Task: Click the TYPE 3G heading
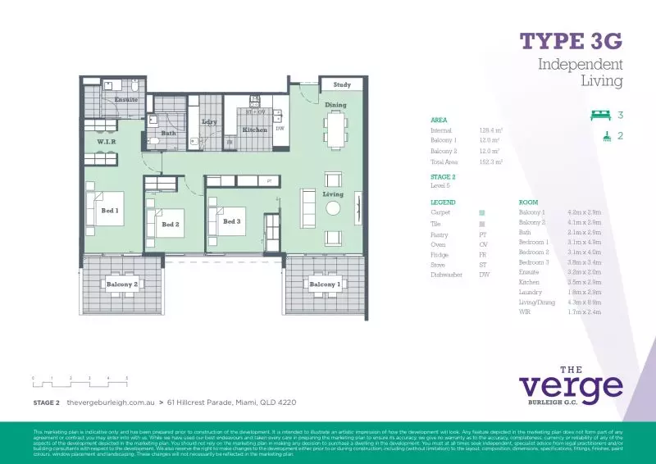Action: tap(572, 41)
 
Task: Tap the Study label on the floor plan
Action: tap(341, 84)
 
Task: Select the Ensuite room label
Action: tap(126, 100)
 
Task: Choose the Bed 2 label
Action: tap(171, 224)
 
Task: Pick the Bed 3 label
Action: tap(232, 221)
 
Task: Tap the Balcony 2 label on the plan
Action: tap(122, 284)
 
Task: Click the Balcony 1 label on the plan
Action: tap(324, 284)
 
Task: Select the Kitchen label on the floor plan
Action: tap(254, 130)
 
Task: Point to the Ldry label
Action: tap(208, 122)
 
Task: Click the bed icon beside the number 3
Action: tap(601, 116)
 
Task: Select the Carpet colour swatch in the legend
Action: tap(482, 212)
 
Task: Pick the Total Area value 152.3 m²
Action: tap(490, 162)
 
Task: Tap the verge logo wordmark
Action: tap(570, 384)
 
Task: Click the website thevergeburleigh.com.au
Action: tap(111, 403)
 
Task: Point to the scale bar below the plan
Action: tap(80, 380)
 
